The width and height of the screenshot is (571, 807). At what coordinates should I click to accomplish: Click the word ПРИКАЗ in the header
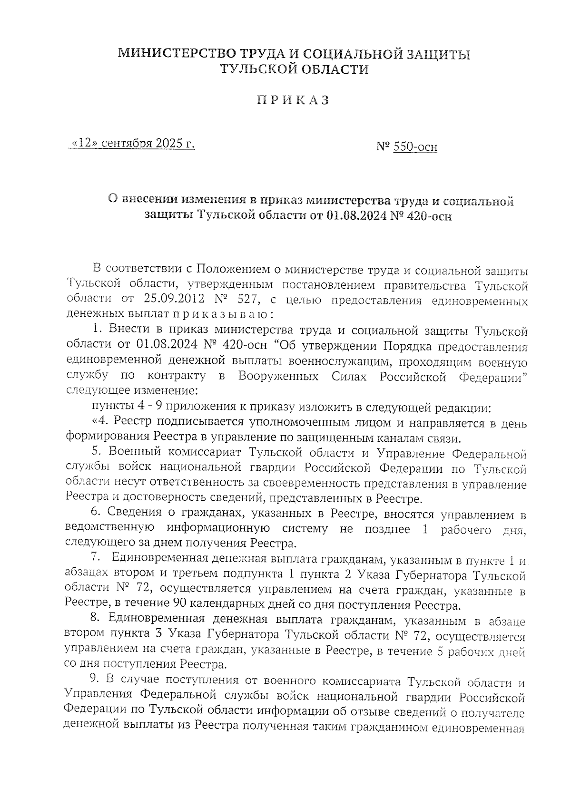pyautogui.click(x=293, y=101)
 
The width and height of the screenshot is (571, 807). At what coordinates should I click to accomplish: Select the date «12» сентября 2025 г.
pyautogui.click(x=132, y=143)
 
